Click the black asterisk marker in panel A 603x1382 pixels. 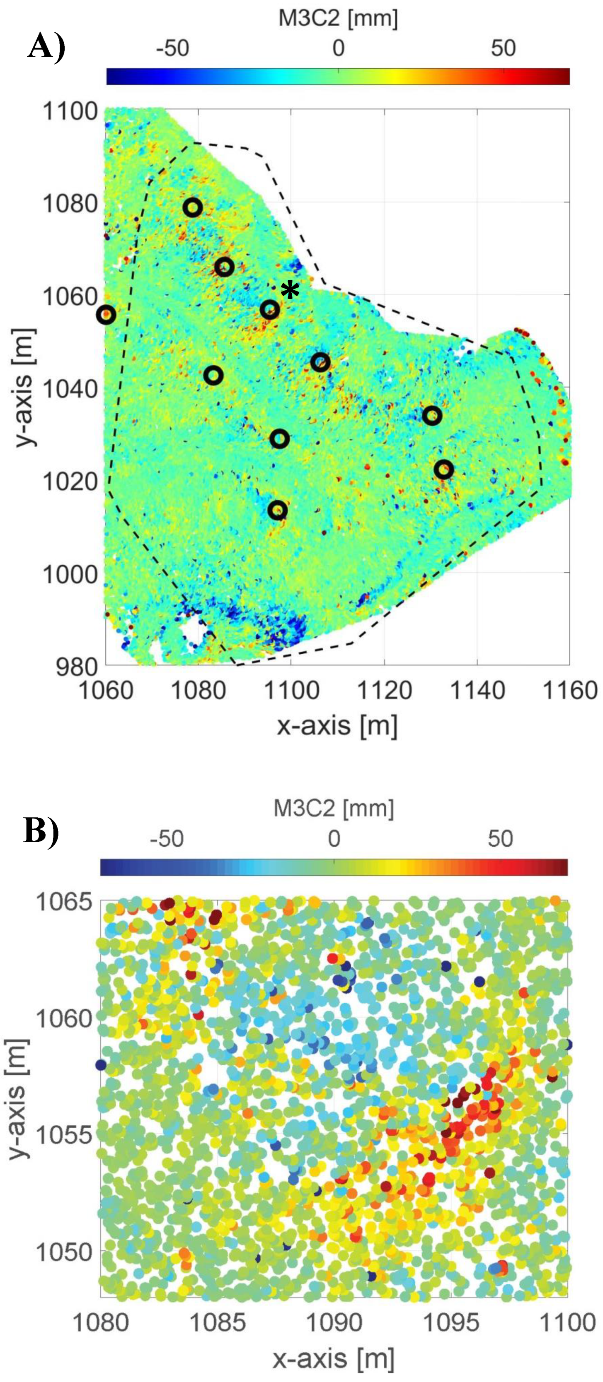[x=290, y=291]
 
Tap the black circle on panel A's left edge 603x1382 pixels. [x=107, y=315]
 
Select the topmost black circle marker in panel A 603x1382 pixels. [x=193, y=207]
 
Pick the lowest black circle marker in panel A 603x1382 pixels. [x=278, y=510]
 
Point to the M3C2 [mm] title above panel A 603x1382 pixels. [x=338, y=19]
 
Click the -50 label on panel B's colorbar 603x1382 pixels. [x=167, y=838]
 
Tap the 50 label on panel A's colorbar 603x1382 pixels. [x=503, y=48]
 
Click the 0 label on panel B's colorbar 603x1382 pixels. [x=334, y=838]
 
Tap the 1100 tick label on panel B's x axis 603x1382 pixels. [x=567, y=1322]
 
